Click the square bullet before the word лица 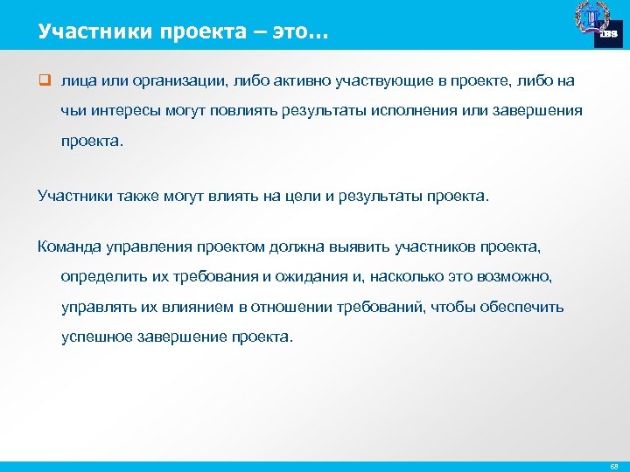tap(43, 80)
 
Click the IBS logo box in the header tap(608, 33)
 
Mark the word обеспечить tap(523, 307)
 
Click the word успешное tap(97, 337)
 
